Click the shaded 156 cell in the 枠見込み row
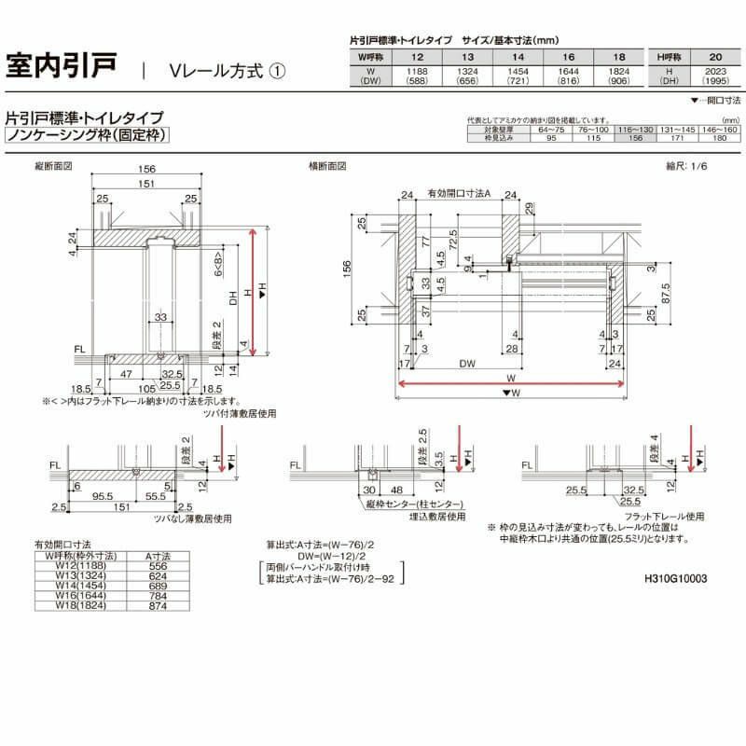(x=637, y=137)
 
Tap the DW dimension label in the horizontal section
(x=463, y=363)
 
